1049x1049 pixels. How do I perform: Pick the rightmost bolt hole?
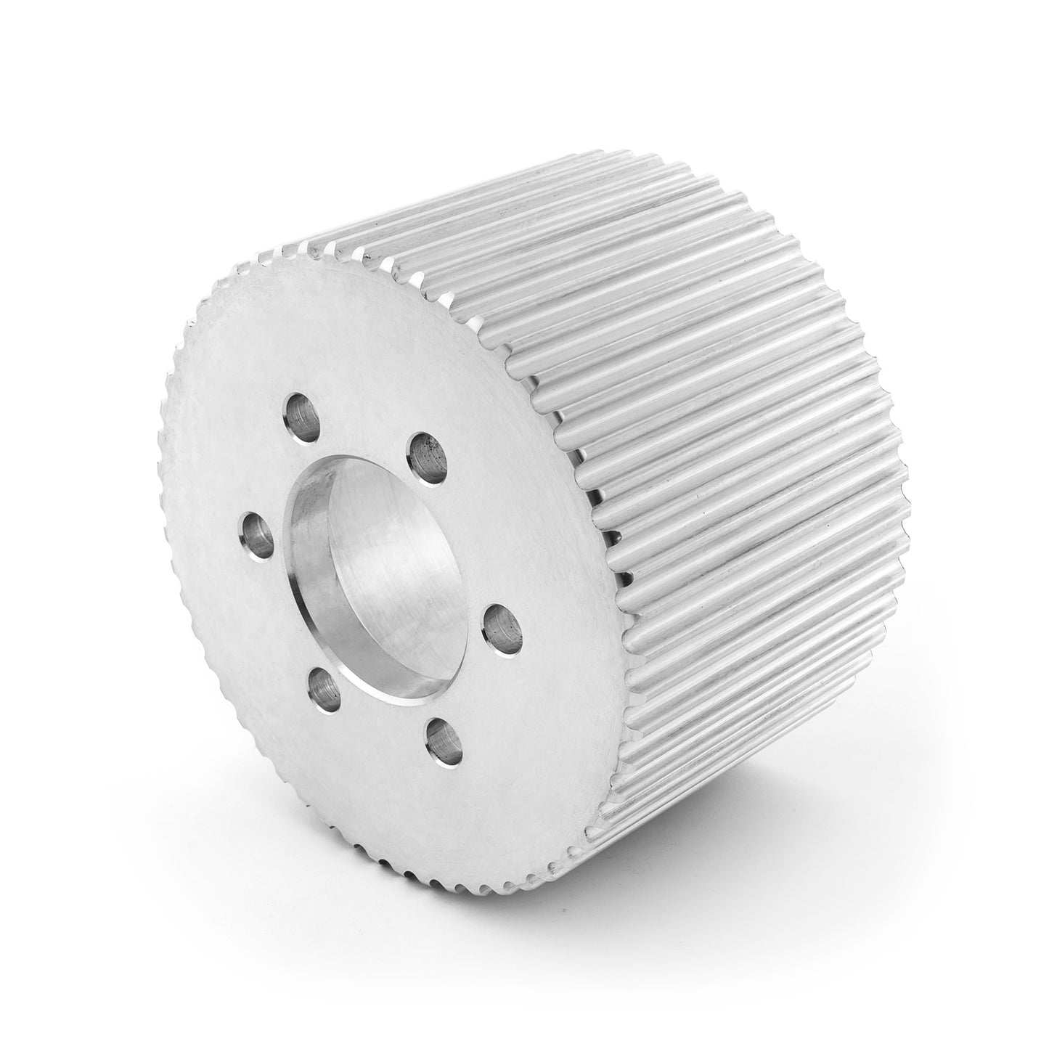[501, 624]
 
